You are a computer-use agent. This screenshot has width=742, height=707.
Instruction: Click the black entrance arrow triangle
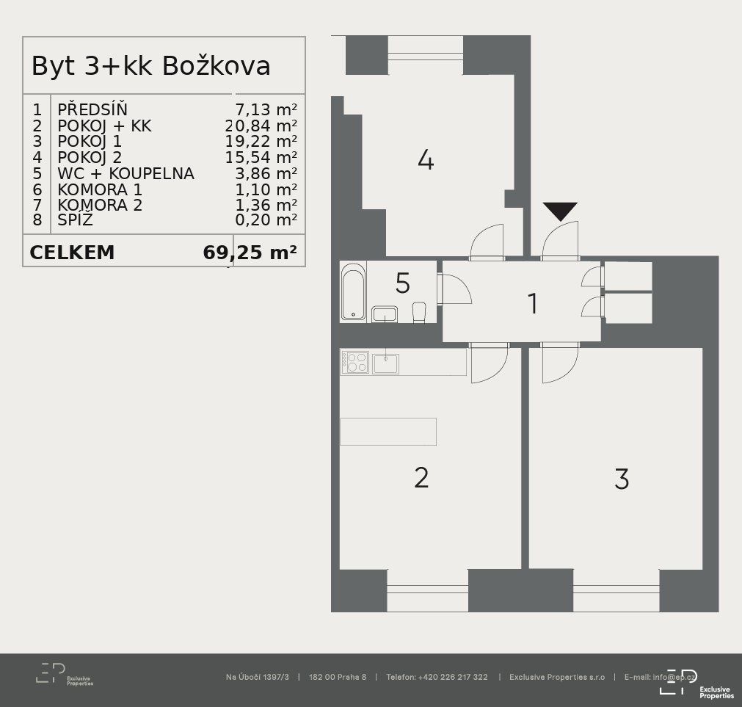(560, 211)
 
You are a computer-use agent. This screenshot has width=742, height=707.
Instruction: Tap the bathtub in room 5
(353, 292)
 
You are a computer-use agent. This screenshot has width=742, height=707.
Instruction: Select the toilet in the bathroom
(419, 312)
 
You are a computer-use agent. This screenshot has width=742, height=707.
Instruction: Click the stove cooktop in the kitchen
(355, 363)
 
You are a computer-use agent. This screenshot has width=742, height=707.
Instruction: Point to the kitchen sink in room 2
(385, 363)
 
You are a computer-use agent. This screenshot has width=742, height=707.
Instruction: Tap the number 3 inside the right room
(622, 479)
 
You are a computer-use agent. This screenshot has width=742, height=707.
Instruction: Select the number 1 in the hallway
(533, 303)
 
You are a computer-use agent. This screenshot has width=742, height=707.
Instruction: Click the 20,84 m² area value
(261, 126)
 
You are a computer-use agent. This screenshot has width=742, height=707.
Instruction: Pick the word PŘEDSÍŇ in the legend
(92, 109)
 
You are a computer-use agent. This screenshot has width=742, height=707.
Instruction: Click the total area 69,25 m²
(250, 253)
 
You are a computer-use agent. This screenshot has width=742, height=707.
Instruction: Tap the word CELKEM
(72, 253)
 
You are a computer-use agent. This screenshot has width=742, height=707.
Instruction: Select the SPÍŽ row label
(76, 220)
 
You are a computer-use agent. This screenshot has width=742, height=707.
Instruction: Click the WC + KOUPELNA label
(126, 174)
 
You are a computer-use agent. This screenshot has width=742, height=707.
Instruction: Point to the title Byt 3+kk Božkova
(151, 66)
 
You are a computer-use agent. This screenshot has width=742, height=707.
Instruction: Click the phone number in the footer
(437, 677)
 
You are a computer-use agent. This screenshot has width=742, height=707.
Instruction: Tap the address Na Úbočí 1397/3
(258, 677)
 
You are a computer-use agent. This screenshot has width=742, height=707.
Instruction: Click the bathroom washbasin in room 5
(385, 314)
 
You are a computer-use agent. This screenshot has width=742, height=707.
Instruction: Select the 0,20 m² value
(266, 220)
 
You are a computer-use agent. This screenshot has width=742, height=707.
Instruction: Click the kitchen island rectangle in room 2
(388, 432)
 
